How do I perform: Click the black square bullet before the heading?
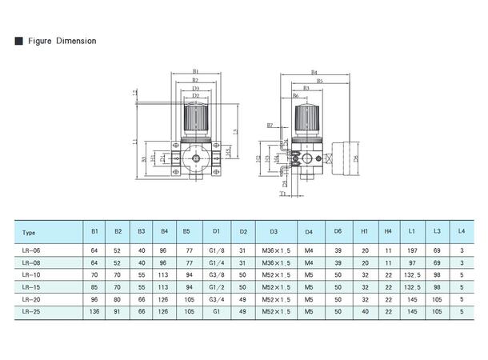click(x=18, y=40)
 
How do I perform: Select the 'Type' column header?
click(x=30, y=233)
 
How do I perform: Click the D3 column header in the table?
click(x=274, y=233)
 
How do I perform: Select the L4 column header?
click(x=461, y=233)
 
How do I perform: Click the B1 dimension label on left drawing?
click(x=195, y=71)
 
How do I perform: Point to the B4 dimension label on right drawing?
click(x=314, y=71)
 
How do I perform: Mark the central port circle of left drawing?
click(x=195, y=160)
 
